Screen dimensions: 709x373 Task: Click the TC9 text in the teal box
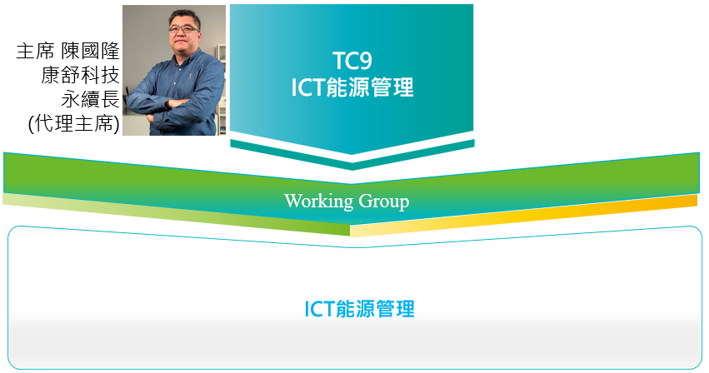click(x=352, y=61)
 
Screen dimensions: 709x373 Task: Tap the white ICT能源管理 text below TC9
click(x=352, y=87)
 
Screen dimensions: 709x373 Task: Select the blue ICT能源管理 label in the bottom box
click(x=359, y=309)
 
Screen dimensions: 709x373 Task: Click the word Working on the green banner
click(x=318, y=201)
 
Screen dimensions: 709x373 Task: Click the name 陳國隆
click(x=90, y=51)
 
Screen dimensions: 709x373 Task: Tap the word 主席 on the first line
click(x=35, y=51)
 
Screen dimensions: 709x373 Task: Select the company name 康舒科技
click(x=80, y=75)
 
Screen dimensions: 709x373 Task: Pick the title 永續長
click(x=90, y=99)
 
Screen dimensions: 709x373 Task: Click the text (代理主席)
click(x=73, y=124)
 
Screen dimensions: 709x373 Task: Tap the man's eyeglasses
click(x=183, y=29)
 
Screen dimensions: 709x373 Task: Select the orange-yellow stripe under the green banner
click(x=523, y=216)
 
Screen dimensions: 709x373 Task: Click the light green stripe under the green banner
click(x=177, y=215)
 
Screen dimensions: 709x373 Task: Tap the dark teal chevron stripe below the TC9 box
click(x=352, y=155)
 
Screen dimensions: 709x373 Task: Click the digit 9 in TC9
click(x=366, y=61)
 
